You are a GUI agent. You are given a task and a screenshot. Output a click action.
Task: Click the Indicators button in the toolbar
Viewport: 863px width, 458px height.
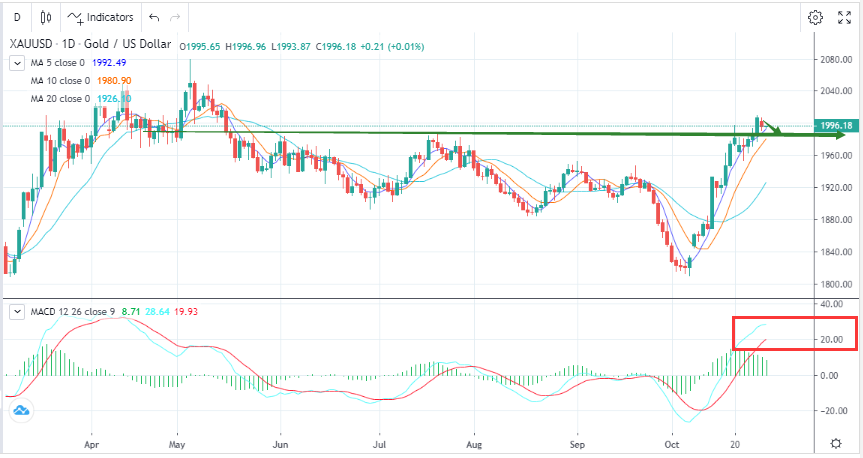coord(99,17)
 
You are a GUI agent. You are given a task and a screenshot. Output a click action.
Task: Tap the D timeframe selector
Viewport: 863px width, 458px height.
coord(16,17)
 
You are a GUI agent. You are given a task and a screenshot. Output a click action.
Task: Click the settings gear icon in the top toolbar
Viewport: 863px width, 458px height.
coord(815,17)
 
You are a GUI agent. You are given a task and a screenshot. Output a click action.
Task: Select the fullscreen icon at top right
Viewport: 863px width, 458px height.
coord(844,17)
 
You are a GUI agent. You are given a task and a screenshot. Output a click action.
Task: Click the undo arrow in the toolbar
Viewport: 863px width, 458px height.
coord(152,17)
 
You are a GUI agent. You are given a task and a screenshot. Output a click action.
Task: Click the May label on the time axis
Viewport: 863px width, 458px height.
coord(178,442)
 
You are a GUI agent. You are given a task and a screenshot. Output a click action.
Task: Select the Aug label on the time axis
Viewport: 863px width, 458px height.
coord(475,442)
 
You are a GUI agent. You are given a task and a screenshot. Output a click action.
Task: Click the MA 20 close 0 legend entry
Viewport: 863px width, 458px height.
coord(59,98)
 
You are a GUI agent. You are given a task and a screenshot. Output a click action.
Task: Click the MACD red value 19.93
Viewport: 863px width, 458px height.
coord(186,312)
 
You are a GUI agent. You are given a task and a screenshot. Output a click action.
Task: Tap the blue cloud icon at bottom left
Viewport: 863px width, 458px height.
coord(19,411)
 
